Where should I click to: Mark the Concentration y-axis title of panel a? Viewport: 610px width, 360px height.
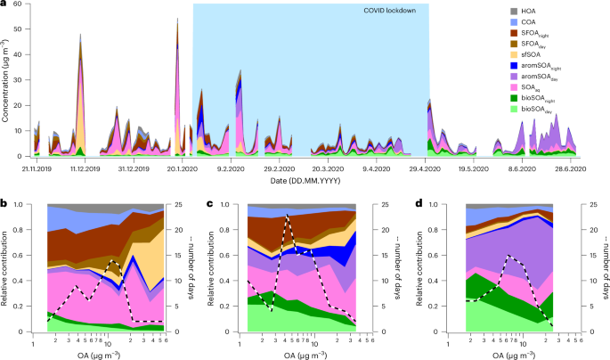[8, 80]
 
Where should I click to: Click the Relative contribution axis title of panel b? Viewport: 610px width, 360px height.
[8, 267]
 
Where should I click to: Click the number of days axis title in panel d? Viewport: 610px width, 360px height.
[601, 267]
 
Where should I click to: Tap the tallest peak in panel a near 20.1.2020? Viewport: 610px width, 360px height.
[178, 19]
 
